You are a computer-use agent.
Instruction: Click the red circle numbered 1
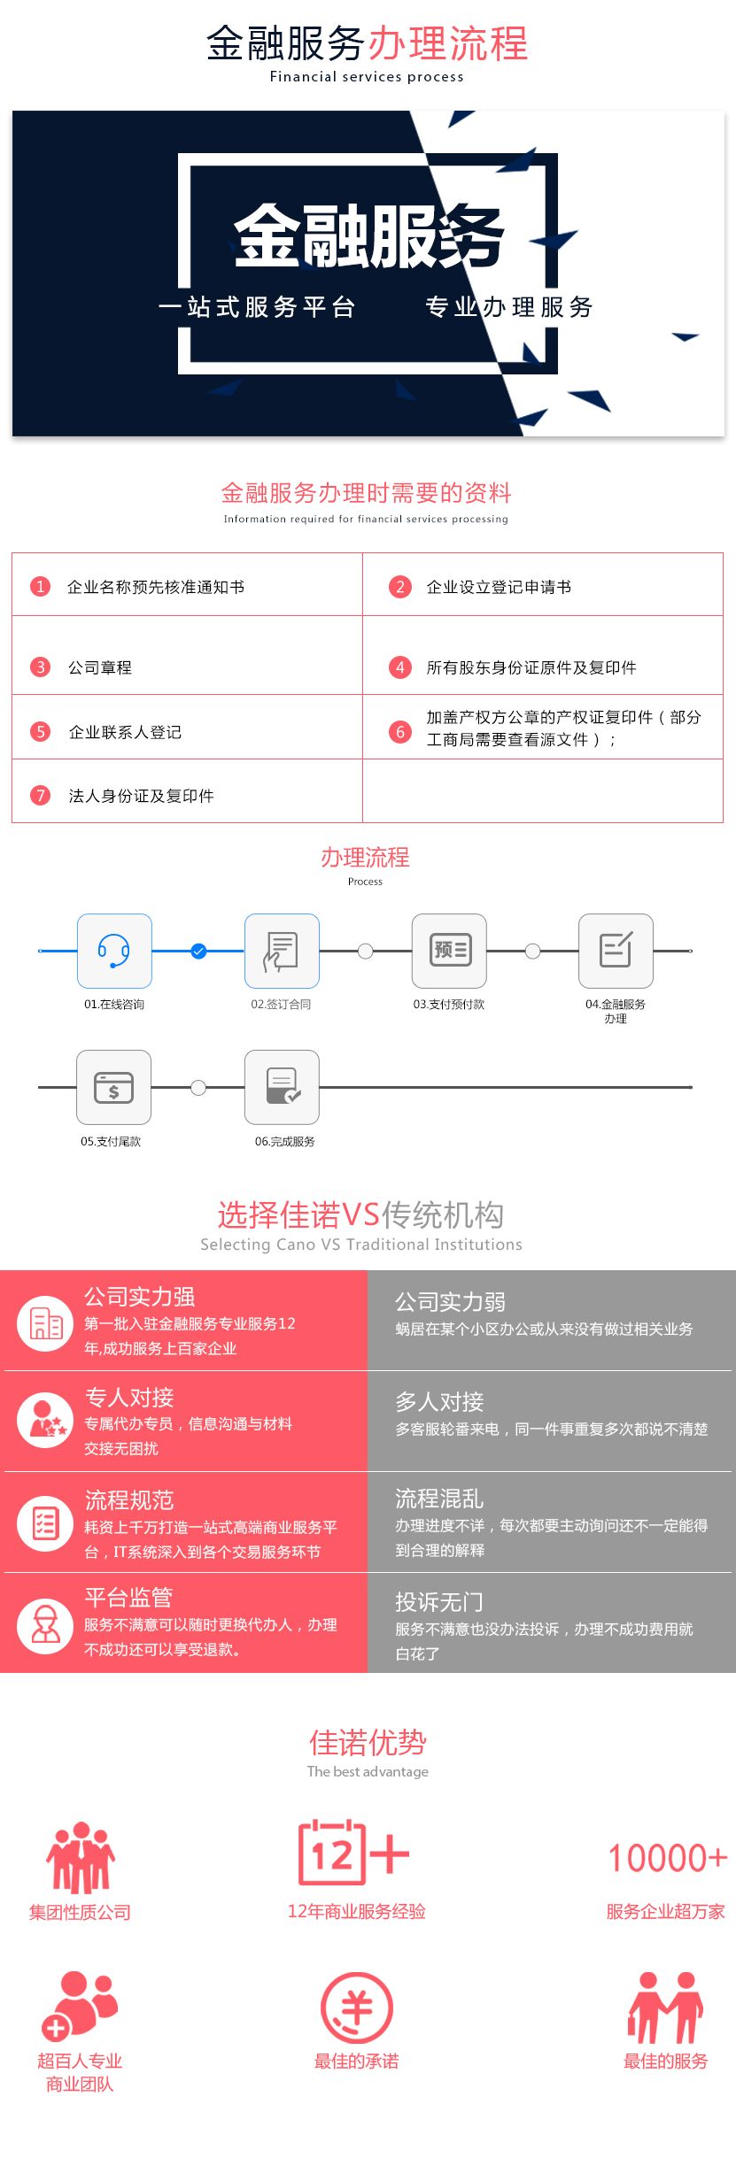(41, 586)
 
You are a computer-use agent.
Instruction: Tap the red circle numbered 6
(400, 732)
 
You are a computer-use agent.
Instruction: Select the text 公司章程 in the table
(100, 667)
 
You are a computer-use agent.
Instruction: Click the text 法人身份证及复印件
(142, 796)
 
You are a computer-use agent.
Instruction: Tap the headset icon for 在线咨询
(114, 951)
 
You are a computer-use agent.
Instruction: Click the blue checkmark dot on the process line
(198, 951)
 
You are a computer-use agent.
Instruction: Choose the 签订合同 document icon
(282, 951)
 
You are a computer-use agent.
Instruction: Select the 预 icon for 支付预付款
(449, 951)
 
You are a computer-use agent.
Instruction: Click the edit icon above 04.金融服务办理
(616, 951)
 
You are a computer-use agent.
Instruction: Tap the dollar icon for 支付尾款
(113, 1087)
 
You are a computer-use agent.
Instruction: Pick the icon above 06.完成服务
(282, 1087)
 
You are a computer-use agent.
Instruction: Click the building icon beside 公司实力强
(45, 1323)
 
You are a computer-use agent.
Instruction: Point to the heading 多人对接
(439, 1402)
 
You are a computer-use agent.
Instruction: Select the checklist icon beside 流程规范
(45, 1522)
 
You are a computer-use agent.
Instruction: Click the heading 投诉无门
(439, 1602)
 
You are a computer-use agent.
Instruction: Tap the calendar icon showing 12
(332, 1852)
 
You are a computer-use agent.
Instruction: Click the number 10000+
(668, 1858)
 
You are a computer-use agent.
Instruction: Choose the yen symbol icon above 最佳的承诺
(356, 2008)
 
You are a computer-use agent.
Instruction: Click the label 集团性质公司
(80, 1912)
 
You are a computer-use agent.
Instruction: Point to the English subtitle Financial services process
(367, 77)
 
